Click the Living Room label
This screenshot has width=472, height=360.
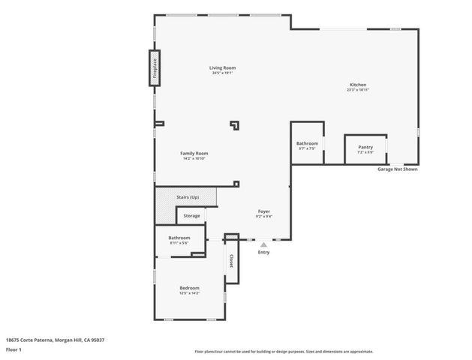pyautogui.click(x=222, y=68)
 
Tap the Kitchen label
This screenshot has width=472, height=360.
pyautogui.click(x=357, y=85)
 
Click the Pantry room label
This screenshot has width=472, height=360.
pyautogui.click(x=365, y=147)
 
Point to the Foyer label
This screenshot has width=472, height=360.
pyautogui.click(x=264, y=211)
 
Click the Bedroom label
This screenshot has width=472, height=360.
pyautogui.click(x=189, y=288)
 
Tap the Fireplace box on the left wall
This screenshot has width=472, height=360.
pyautogui.click(x=155, y=69)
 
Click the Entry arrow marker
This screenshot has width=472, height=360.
pyautogui.click(x=263, y=243)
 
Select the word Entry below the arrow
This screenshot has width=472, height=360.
pyautogui.click(x=263, y=252)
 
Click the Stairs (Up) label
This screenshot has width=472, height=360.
pyautogui.click(x=188, y=197)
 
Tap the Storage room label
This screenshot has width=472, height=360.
pyautogui.click(x=192, y=216)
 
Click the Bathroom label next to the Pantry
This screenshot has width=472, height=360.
pyautogui.click(x=307, y=143)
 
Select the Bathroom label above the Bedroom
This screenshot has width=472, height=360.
pyautogui.click(x=179, y=238)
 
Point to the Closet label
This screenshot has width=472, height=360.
pyautogui.click(x=232, y=260)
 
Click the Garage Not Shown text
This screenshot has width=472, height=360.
pyautogui.click(x=397, y=169)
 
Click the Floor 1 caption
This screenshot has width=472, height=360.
pyautogui.click(x=14, y=349)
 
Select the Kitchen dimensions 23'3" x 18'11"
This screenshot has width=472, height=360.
pyautogui.click(x=357, y=90)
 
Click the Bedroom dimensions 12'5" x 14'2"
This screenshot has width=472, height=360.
pyautogui.click(x=189, y=293)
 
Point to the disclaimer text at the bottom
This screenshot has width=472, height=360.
pyautogui.click(x=284, y=351)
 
